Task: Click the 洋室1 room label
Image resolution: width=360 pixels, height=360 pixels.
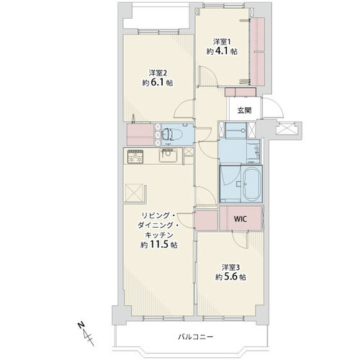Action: tap(222, 42)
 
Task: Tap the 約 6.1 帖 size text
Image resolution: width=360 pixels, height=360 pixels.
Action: tap(158, 83)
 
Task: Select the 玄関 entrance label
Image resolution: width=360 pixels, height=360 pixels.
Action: tap(245, 110)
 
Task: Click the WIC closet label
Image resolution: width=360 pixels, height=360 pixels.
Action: tap(240, 219)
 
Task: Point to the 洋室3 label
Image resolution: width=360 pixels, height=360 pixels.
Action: tap(231, 267)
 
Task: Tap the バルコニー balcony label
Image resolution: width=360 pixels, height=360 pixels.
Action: tap(195, 337)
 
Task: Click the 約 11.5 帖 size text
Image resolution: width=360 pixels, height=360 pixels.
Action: tap(159, 245)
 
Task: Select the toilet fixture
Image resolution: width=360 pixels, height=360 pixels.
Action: tap(171, 135)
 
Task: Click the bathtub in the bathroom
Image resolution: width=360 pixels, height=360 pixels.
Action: tap(252, 184)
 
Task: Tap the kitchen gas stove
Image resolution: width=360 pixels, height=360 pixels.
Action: tap(135, 156)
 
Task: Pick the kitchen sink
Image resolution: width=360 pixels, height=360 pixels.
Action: tap(168, 156)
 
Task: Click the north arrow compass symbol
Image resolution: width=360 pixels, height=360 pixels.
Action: tap(86, 334)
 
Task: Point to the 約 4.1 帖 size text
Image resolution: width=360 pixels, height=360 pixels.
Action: tap(222, 51)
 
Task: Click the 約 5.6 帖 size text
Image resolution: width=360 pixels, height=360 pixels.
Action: tap(230, 277)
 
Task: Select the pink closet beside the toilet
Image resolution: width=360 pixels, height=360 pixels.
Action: tap(140, 135)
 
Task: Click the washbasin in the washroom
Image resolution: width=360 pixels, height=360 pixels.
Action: tap(254, 151)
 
